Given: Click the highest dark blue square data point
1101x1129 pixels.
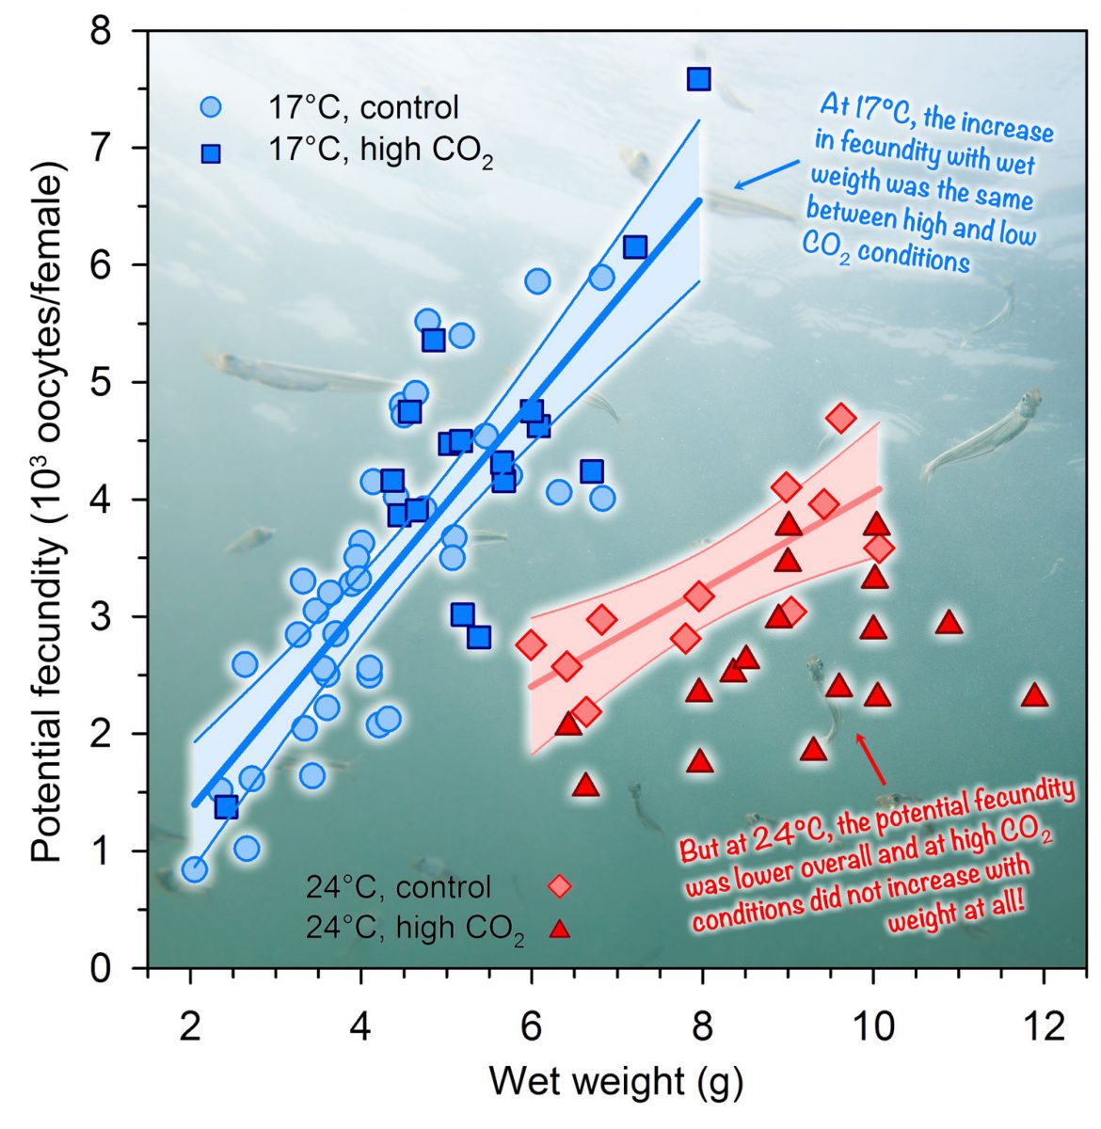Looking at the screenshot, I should pyautogui.click(x=698, y=79).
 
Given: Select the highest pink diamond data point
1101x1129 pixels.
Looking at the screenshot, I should pyautogui.click(x=841, y=418).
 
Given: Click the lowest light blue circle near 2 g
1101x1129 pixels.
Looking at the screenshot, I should pyautogui.click(x=195, y=869).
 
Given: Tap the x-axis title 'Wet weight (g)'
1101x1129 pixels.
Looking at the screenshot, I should pyautogui.click(x=615, y=1082).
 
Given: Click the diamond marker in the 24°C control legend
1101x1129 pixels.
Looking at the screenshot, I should pyautogui.click(x=560, y=886).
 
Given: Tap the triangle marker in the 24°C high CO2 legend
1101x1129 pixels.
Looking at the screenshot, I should pyautogui.click(x=560, y=930).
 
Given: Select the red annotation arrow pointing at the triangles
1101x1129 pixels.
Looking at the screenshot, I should pyautogui.click(x=870, y=758).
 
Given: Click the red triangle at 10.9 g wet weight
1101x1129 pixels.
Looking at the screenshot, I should pyautogui.click(x=949, y=623).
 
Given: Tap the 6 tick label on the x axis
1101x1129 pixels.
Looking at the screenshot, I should pyautogui.click(x=532, y=1026).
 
